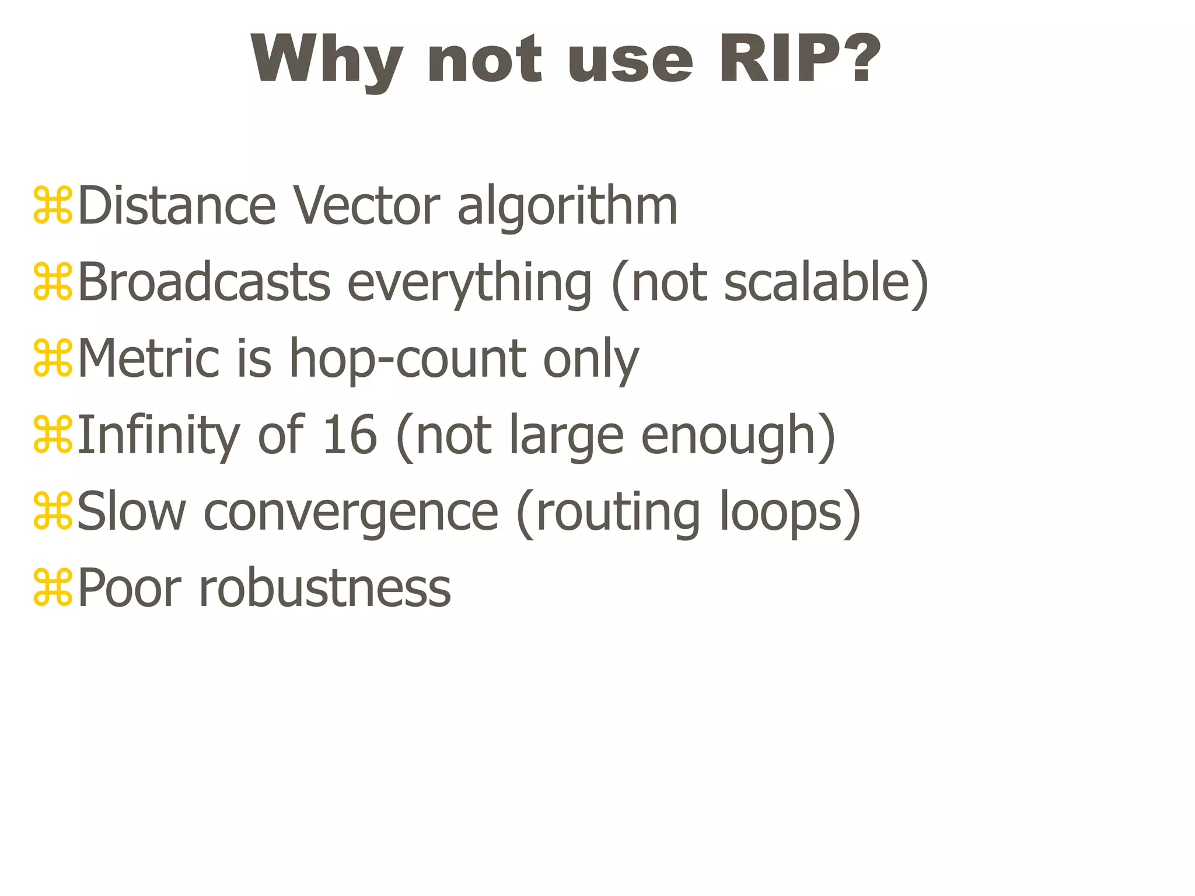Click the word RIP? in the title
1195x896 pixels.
coord(799,60)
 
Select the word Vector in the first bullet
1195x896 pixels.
coord(366,206)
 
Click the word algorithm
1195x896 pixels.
coord(567,206)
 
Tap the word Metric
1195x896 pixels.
coord(148,359)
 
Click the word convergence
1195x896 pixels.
coord(351,513)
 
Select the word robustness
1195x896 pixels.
coord(325,588)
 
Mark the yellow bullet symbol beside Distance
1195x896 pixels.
coord(53,205)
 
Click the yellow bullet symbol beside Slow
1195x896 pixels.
coord(53,511)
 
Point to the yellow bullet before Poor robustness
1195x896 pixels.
coord(53,587)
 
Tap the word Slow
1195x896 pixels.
coord(131,512)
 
